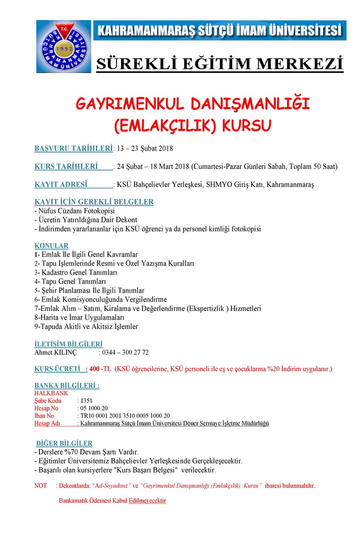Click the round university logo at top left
tap(63, 46)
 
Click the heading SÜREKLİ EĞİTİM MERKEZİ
tap(219, 64)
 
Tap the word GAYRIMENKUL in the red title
tap(127, 104)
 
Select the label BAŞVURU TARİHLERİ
tap(73, 148)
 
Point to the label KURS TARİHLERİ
tap(73, 166)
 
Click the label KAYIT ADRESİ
tap(73, 184)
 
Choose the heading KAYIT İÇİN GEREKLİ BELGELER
tap(94, 202)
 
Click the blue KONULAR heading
tap(51, 246)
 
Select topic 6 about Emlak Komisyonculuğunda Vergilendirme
tap(100, 299)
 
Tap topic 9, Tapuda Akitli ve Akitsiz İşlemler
tap(86, 326)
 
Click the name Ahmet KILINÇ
tap(55, 352)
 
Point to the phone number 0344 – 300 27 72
tap(125, 352)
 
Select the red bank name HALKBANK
tap(51, 393)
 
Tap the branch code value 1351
tap(86, 400)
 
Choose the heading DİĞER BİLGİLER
tap(64, 443)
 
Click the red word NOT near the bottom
tap(40, 485)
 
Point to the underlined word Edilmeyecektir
tap(147, 500)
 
